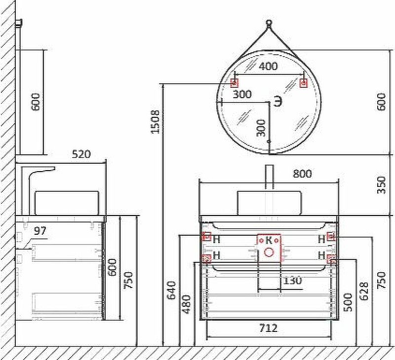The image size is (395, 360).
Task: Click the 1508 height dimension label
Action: coord(155,121)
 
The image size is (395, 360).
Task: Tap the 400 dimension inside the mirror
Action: coord(268,66)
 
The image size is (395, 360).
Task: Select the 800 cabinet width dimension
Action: coord(302,174)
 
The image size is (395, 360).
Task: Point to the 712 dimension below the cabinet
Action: coord(268,328)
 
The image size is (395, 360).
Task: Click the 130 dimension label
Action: coord(292,280)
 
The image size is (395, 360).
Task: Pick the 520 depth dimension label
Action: coord(81,154)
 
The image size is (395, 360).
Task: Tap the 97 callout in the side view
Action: coord(40,231)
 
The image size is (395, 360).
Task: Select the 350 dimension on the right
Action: coord(381,185)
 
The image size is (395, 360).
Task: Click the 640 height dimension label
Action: coord(171,290)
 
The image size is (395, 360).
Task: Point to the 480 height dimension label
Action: coord(187,304)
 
